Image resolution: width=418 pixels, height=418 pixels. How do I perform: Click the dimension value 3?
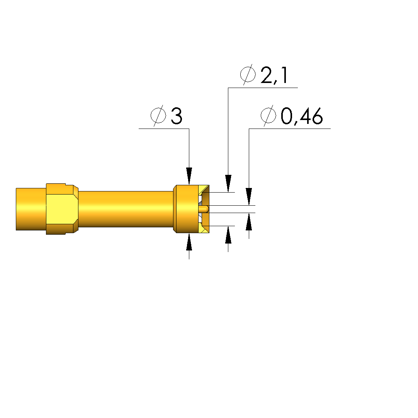tap(177, 116)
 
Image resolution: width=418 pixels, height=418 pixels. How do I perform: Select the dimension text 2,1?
tap(274, 75)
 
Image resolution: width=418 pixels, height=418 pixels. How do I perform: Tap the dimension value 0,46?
tap(302, 116)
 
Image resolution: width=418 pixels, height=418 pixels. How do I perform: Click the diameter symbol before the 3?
tap(158, 116)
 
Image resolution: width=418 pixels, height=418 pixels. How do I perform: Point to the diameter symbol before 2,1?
tap(248, 74)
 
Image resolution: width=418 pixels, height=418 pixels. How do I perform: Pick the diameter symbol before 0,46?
tap(268, 116)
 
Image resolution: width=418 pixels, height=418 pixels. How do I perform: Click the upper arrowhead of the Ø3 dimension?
tap(189, 176)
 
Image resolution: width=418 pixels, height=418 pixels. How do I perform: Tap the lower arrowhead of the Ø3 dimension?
tap(189, 242)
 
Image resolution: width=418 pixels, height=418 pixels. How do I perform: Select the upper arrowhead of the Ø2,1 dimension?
tap(228, 183)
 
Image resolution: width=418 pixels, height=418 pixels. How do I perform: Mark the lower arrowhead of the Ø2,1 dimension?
tap(228, 235)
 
